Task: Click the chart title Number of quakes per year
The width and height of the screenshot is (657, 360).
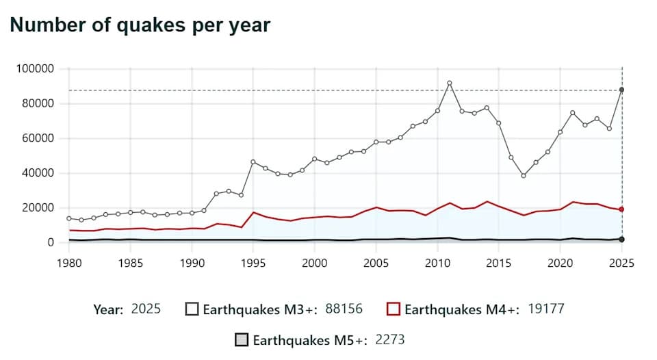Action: click(140, 25)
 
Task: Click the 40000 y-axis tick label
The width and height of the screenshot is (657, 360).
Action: click(37, 173)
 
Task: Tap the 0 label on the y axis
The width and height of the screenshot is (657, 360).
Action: click(51, 242)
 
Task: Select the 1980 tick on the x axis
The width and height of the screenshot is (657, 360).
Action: click(68, 263)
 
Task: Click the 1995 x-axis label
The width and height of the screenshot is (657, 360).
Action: click(253, 263)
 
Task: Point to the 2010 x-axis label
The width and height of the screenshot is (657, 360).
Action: click(437, 263)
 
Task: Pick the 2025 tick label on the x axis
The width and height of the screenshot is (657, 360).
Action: click(621, 263)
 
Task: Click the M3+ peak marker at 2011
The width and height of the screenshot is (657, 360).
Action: click(450, 83)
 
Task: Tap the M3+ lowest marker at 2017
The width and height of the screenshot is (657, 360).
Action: click(524, 176)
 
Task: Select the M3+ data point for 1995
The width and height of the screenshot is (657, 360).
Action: click(253, 162)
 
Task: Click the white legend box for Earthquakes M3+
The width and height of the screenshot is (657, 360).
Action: click(192, 309)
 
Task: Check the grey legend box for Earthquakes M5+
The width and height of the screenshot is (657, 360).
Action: click(242, 340)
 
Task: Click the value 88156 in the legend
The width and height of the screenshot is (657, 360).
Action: click(344, 309)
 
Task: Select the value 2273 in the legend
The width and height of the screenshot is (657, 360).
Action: click(393, 340)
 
